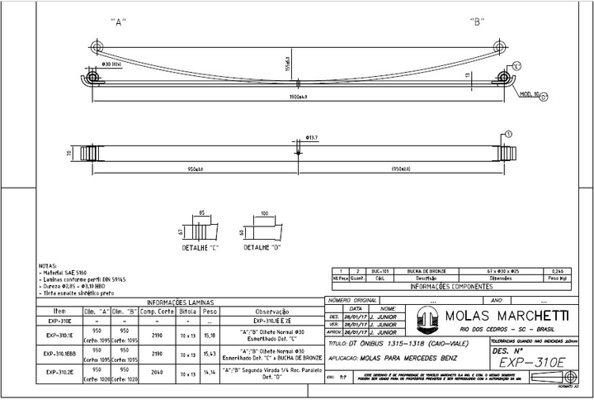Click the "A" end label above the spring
pyautogui.click(x=118, y=22)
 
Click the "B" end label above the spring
pyautogui.click(x=476, y=22)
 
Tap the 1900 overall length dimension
pyautogui.click(x=298, y=97)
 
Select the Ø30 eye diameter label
pyautogui.click(x=111, y=64)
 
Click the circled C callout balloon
pyautogui.click(x=516, y=65)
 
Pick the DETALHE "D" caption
pyautogui.click(x=263, y=247)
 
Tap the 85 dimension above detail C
pyautogui.click(x=202, y=213)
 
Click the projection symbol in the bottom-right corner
pyautogui.click(x=540, y=379)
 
